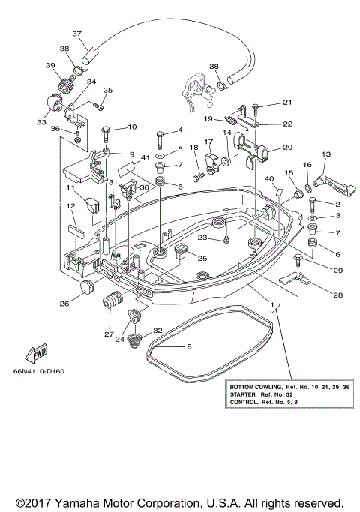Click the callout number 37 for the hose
[x=76, y=34]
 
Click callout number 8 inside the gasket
[x=189, y=347]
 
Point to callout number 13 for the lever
[x=325, y=154]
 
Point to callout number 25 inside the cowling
[x=202, y=258]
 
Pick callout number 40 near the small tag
[x=268, y=178]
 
